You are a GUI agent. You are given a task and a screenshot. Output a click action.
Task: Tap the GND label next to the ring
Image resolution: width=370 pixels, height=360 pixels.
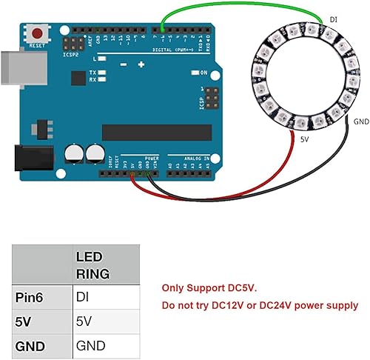coord(361,121)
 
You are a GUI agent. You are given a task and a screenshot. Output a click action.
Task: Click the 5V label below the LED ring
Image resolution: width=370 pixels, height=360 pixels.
coord(305,139)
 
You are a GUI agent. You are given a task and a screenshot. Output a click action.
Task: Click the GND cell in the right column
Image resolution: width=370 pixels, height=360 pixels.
coord(90,345)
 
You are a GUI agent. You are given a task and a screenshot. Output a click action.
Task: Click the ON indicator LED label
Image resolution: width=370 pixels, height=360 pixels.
coord(203,72)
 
